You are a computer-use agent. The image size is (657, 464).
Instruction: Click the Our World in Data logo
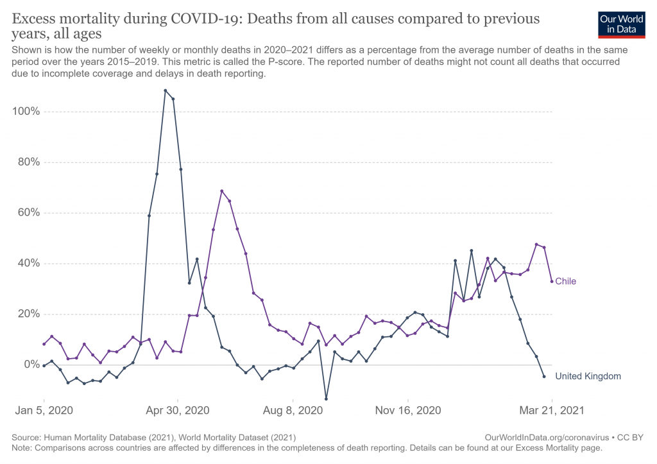tap(621, 25)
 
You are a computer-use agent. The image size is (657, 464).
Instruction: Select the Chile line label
tap(565, 281)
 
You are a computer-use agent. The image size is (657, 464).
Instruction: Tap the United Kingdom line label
tap(588, 376)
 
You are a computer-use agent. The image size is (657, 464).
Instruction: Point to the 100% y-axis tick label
tap(26, 112)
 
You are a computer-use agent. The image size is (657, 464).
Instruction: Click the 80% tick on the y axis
tap(28, 162)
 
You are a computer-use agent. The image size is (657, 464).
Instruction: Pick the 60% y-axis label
tap(28, 212)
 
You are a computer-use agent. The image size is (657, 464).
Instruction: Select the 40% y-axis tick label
tap(28, 263)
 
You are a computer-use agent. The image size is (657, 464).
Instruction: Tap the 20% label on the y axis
tap(28, 314)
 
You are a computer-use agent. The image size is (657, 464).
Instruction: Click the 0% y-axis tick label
tap(31, 365)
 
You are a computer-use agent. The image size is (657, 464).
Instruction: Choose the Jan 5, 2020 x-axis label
tap(44, 410)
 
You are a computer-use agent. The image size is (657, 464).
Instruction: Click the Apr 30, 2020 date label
tap(178, 410)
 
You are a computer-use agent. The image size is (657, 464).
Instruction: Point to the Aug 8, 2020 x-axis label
tap(293, 410)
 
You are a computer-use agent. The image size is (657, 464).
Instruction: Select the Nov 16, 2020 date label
tap(408, 410)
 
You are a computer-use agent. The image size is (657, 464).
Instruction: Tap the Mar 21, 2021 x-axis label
tap(552, 410)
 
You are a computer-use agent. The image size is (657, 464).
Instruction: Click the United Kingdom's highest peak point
tap(165, 90)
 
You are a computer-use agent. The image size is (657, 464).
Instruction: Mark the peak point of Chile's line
tap(221, 191)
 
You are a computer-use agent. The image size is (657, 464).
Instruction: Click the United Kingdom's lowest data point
tap(326, 399)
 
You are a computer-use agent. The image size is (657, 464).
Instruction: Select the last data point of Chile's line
tap(552, 281)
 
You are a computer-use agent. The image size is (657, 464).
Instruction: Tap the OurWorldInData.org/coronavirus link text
tap(547, 438)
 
